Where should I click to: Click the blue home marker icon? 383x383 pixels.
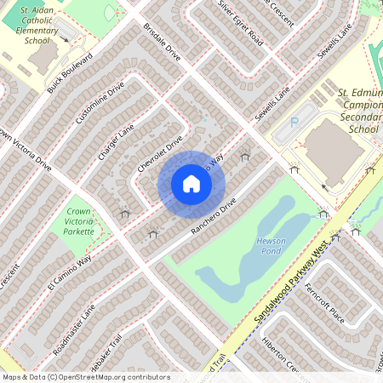(x=191, y=183)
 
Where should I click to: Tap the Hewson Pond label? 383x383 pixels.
(x=271, y=247)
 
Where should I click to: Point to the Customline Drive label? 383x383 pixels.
(x=100, y=104)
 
